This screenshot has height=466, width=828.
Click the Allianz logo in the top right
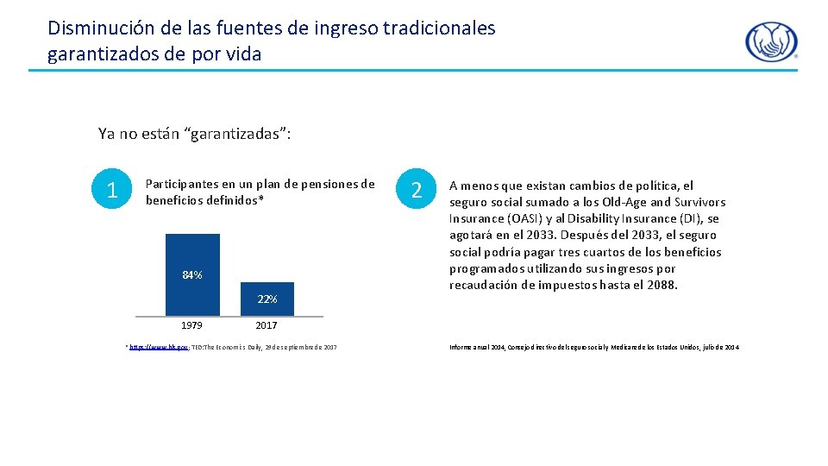click(x=771, y=41)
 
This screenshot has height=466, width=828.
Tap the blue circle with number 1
click(x=110, y=190)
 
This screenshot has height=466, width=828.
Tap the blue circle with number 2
click(x=417, y=190)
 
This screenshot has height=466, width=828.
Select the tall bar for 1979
click(x=192, y=259)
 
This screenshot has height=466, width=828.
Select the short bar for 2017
click(x=267, y=293)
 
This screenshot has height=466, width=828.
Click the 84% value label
click(x=192, y=275)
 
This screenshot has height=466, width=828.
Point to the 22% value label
click(x=267, y=299)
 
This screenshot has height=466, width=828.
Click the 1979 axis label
click(x=191, y=325)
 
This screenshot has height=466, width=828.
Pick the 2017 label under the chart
click(x=267, y=325)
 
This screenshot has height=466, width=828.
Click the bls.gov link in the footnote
click(x=147, y=348)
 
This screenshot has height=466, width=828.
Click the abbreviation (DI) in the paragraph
click(x=693, y=218)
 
